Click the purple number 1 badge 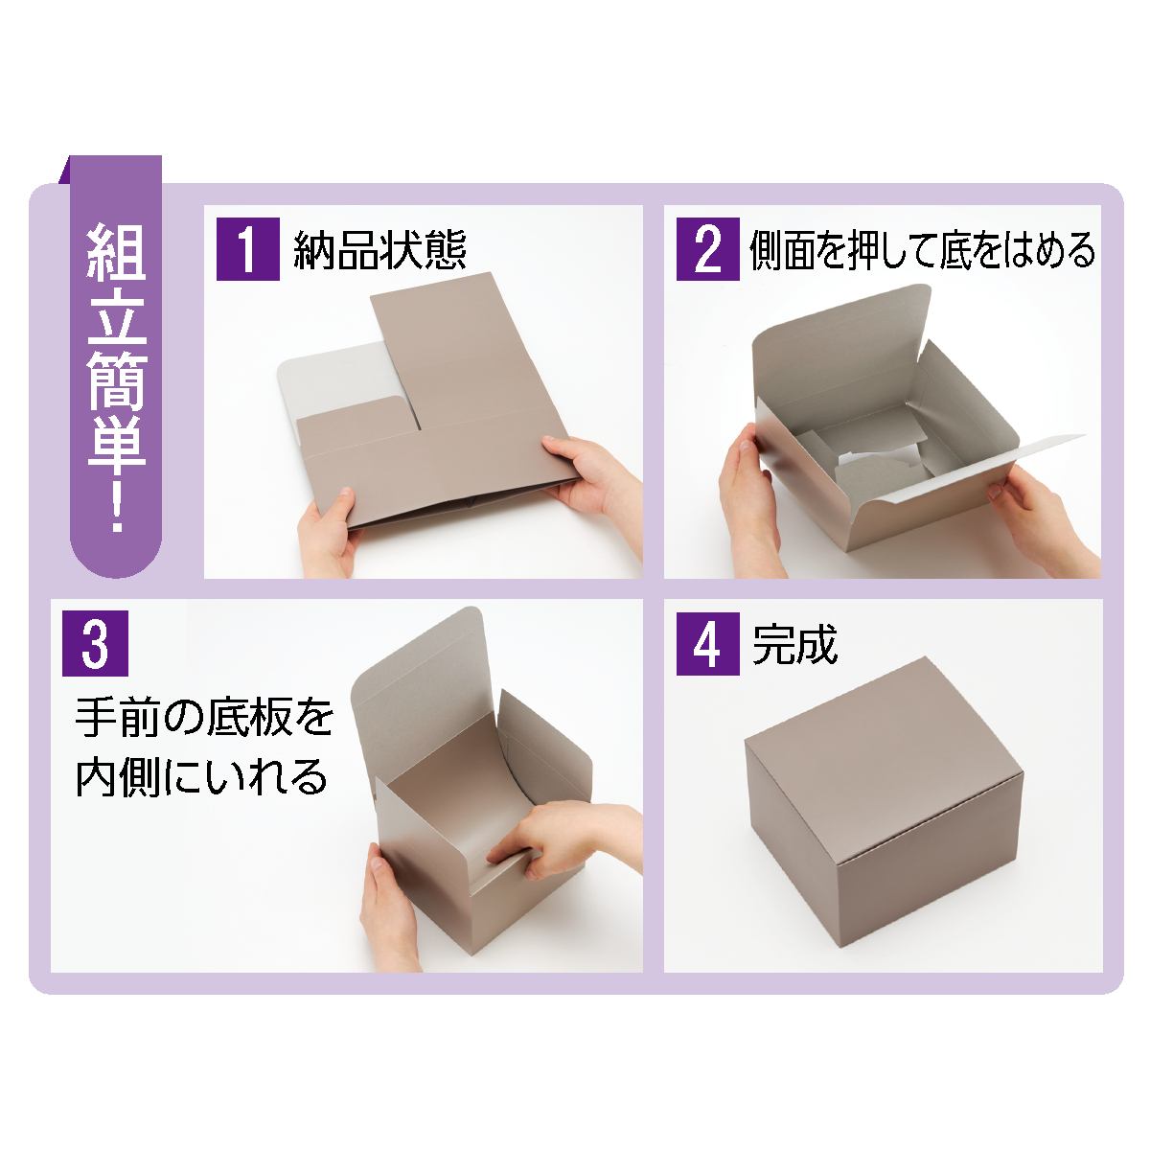pyautogui.click(x=247, y=250)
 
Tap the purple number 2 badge pyautogui.click(x=707, y=250)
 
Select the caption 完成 pyautogui.click(x=795, y=646)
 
